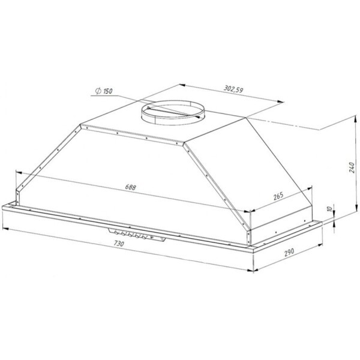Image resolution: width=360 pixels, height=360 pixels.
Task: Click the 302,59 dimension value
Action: [x=233, y=89]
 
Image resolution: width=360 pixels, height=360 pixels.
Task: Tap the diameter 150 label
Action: [x=104, y=91]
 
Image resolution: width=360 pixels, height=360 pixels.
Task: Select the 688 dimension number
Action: [x=130, y=187]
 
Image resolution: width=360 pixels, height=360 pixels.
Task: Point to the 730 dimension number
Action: [x=119, y=244]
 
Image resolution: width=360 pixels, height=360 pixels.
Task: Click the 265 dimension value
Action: [x=278, y=196]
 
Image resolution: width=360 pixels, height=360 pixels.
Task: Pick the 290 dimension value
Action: [x=289, y=252]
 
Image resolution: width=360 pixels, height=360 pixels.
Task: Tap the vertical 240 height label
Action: [x=352, y=167]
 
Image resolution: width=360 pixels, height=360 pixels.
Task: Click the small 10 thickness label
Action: [x=329, y=209]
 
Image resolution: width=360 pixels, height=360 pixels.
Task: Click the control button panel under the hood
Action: [x=137, y=235]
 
